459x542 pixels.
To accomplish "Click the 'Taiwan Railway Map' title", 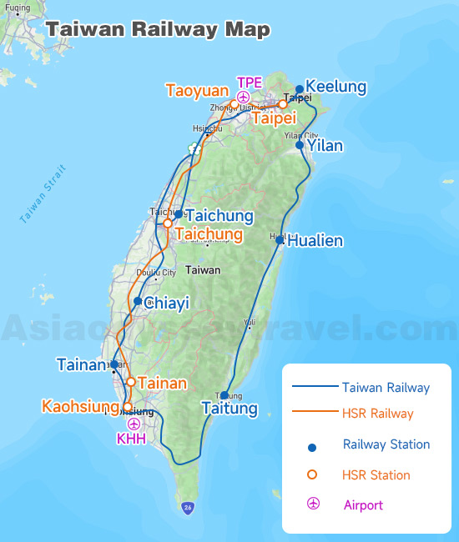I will point(158,29).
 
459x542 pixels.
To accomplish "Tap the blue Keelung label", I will point(336,87).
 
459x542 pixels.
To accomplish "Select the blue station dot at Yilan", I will point(300,145).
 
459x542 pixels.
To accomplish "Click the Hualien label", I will point(315,241).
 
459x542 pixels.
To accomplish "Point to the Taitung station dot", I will point(224,395).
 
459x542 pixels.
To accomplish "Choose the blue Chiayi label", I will point(167,304).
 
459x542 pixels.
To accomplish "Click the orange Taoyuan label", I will point(196,90).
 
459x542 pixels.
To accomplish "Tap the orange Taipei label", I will point(275,118).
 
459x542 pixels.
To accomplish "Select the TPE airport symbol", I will point(243,98).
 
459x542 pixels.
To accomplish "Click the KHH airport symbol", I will point(133,424).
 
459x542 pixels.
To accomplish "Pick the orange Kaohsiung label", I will point(80,407).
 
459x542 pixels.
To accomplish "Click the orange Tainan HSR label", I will point(162,384).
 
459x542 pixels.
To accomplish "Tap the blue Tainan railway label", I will point(83,364).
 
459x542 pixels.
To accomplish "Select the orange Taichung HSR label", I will point(209,234).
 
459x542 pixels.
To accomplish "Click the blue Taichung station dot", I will point(178,214).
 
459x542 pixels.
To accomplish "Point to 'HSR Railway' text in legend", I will point(378,414).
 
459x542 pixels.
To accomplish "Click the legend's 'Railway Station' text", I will point(386,444).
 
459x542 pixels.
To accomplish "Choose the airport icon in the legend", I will point(312,504).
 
